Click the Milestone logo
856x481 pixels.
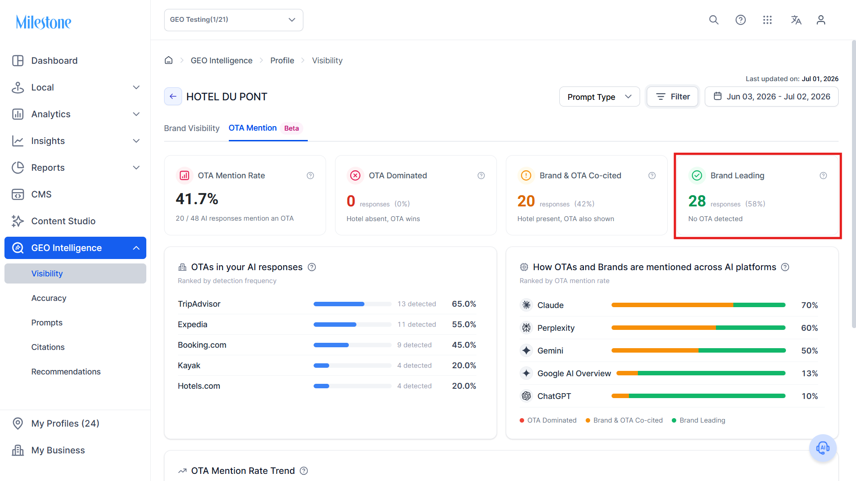(x=44, y=22)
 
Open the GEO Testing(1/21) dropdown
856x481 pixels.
(x=233, y=20)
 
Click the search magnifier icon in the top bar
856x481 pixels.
(x=714, y=20)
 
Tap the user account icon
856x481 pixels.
(x=821, y=20)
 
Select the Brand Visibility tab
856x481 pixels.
(x=192, y=128)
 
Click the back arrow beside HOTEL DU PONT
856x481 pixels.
(x=173, y=96)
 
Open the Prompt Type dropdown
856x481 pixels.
(x=600, y=97)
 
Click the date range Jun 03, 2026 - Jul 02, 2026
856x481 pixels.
(x=772, y=97)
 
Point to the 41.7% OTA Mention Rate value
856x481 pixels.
(x=197, y=199)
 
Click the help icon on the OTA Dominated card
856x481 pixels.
(x=481, y=176)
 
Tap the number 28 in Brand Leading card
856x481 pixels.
(x=697, y=201)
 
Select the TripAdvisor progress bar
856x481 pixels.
(x=352, y=304)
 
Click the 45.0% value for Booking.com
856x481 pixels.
(x=464, y=345)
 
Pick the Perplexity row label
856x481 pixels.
(x=556, y=328)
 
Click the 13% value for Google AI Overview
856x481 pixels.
(x=810, y=374)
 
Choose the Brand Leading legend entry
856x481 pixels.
(x=699, y=420)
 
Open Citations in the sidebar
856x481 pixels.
(x=48, y=347)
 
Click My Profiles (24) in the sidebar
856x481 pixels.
(x=65, y=423)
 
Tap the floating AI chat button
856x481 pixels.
(x=823, y=448)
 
